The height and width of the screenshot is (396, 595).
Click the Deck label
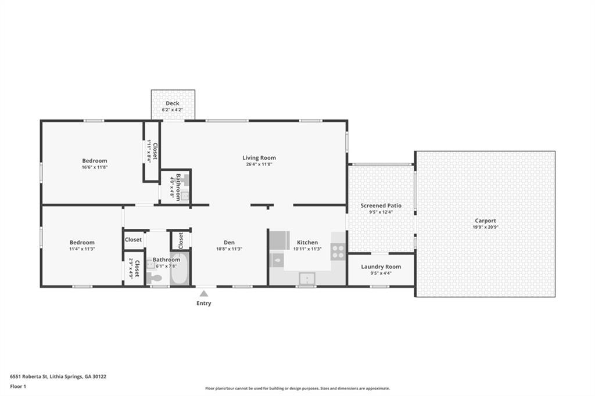172,103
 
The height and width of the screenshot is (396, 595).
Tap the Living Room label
259,158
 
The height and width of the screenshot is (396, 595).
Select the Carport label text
485,221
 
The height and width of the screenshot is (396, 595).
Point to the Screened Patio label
381,206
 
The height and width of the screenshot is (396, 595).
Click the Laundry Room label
381,267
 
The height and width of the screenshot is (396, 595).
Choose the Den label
229,242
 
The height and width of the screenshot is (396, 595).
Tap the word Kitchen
307,242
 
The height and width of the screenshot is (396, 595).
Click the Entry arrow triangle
204,293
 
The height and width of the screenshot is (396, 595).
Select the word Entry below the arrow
204,303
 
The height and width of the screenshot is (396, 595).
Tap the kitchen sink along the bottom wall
307,278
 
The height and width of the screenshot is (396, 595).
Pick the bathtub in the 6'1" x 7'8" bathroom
180,269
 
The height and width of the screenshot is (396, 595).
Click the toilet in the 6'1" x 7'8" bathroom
153,278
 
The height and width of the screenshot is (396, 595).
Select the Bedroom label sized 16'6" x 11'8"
95,161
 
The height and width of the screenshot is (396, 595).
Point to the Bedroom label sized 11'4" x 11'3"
82,242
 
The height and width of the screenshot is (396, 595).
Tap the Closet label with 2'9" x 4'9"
137,268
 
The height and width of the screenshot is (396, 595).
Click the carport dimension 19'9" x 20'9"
485,227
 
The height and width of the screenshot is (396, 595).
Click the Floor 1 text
18,387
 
